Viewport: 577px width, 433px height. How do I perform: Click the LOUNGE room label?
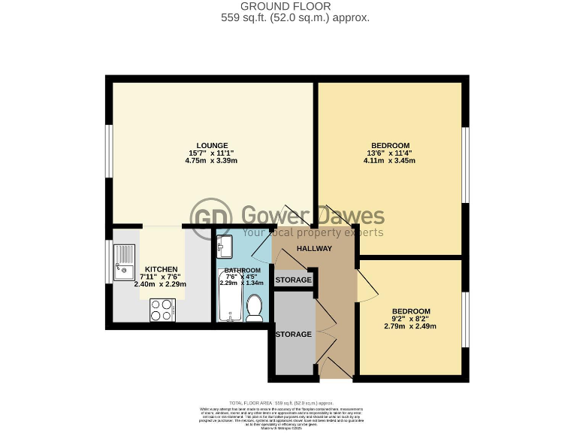[x=212, y=145]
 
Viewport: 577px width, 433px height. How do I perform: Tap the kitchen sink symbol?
[x=123, y=260]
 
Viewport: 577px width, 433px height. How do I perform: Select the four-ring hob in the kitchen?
[x=162, y=308]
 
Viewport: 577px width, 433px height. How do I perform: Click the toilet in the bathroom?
[x=255, y=307]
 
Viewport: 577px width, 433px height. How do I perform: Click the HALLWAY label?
[x=313, y=249]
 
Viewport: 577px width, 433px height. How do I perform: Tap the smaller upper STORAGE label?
[x=293, y=280]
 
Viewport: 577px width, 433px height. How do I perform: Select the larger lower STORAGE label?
[x=293, y=335]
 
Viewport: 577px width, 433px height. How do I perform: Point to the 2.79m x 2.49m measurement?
[x=410, y=326]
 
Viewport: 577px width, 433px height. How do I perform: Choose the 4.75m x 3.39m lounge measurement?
[x=212, y=161]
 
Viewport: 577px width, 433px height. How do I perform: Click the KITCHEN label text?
[x=161, y=269]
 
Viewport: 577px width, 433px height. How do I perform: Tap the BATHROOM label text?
[x=242, y=271]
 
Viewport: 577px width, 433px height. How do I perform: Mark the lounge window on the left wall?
[x=109, y=158]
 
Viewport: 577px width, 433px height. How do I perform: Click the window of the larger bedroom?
[x=466, y=165]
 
